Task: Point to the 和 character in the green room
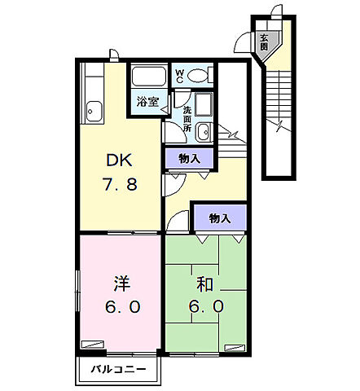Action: click(205, 285)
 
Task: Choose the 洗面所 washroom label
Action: click(187, 119)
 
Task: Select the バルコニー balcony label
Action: click(119, 371)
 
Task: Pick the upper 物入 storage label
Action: click(190, 158)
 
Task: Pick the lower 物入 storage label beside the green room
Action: click(219, 218)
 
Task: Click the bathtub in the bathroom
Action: click(148, 79)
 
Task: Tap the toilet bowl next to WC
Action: click(198, 76)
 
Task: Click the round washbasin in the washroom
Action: click(203, 133)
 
